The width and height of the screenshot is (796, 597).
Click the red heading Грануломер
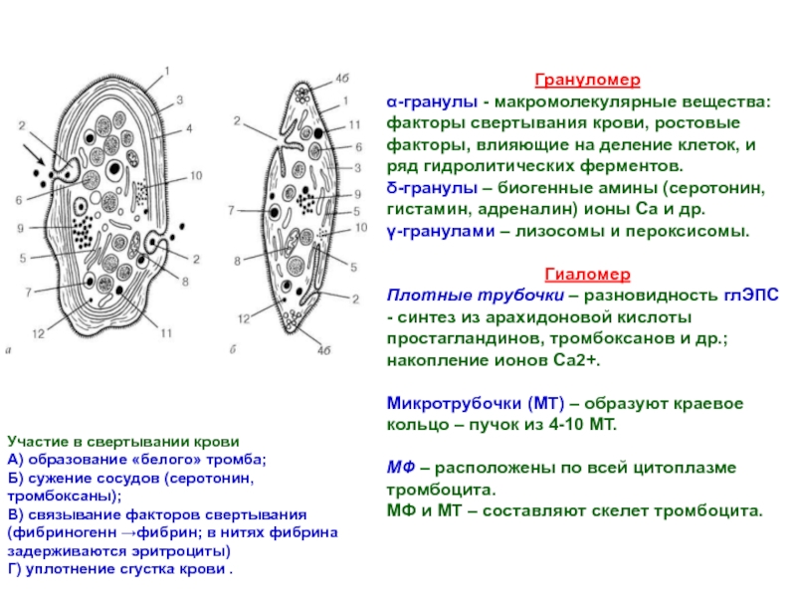coord(587,81)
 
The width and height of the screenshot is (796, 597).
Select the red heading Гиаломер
coord(587,275)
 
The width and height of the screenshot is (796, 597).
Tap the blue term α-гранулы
coord(432,102)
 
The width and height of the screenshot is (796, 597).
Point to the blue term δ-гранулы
coord(432,188)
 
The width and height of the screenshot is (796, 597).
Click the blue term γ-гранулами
coord(441,232)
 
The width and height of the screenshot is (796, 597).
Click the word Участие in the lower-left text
coord(37,442)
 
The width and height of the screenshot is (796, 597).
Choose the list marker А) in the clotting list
coord(15,460)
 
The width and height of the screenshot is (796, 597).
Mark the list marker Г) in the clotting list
coord(15,569)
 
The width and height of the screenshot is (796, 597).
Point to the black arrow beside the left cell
coord(34,154)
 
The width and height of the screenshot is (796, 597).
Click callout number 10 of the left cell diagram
coord(196,176)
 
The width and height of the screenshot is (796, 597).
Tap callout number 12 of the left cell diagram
coord(38,333)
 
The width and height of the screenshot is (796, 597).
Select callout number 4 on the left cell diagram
coord(189,128)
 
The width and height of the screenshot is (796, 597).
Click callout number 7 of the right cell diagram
coord(231,210)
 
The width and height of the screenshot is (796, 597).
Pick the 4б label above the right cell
coord(342,79)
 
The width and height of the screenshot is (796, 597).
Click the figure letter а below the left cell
coord(8,350)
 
